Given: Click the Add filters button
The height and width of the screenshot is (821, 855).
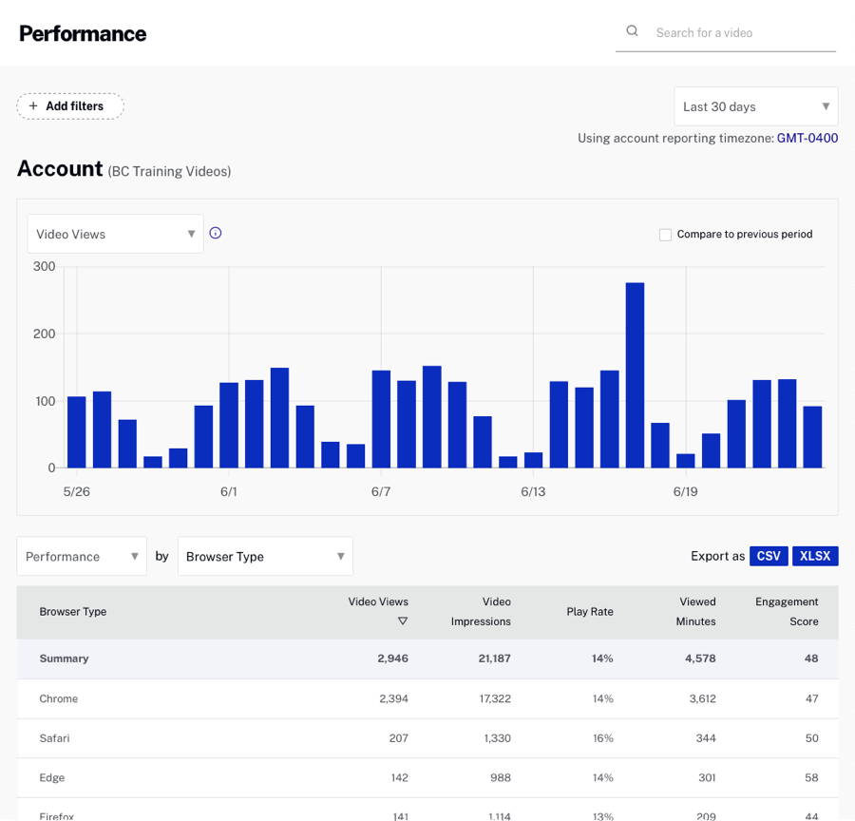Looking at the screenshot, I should coord(70,106).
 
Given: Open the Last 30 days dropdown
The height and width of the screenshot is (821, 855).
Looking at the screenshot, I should coord(755,106).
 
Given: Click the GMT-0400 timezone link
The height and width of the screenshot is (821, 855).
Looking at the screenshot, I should coord(807,139).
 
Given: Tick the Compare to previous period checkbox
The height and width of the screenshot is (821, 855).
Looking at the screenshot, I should coord(665,235).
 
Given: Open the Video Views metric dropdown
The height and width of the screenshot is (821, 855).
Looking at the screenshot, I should coord(115,234).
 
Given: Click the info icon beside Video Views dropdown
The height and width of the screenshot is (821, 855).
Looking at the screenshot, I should coord(216,233).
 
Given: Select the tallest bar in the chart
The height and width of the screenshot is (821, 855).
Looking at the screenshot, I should coord(635,374).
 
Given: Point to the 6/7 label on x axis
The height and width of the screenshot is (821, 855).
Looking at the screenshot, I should coord(381,492).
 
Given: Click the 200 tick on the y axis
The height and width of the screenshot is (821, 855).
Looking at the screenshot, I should coord(44,334).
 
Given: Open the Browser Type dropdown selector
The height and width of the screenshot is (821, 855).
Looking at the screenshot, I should coord(265,557).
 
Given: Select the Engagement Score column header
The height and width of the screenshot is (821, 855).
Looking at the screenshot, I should coord(787,611).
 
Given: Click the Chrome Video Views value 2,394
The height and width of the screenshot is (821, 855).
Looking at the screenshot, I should coord(393,698).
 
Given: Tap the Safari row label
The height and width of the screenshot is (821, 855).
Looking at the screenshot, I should coord(54,738).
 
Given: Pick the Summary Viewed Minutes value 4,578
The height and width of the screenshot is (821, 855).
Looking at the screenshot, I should coord(697,659).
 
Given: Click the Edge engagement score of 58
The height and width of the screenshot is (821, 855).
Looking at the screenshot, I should coord(810,777).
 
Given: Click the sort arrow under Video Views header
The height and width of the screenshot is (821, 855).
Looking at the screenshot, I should coord(403,621).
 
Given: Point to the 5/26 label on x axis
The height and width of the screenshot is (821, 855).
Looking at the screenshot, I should coord(77,492).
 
